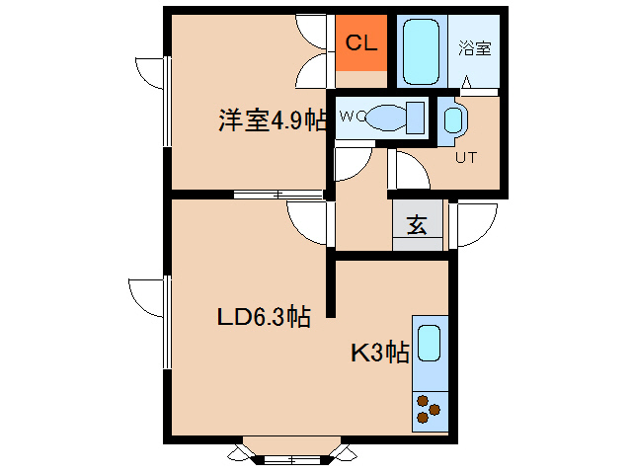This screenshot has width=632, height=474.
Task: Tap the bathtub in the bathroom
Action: click(425, 49)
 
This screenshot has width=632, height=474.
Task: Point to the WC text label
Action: click(352, 116)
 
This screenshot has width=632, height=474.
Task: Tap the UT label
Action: click(465, 157)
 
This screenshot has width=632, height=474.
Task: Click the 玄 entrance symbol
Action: click(417, 225)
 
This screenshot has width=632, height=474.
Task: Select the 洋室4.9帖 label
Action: click(273, 121)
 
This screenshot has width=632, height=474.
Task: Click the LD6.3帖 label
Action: click(264, 317)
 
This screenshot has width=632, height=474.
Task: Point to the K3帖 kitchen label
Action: click(380, 353)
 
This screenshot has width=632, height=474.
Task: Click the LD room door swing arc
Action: click(307, 219)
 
